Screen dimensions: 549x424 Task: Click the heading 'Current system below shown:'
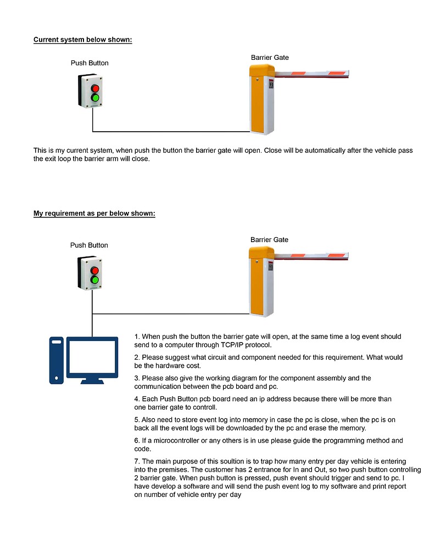pos(82,40)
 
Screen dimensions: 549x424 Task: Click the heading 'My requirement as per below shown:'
pos(94,214)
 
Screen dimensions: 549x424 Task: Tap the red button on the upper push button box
pos(95,88)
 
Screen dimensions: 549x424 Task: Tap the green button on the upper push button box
pos(95,98)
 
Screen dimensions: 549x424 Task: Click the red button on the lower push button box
pos(95,270)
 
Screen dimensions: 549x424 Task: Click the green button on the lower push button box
pos(95,280)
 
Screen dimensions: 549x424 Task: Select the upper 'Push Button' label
pos(90,63)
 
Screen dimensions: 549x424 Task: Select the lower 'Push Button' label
pos(89,245)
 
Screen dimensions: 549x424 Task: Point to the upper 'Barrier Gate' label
pos(270,58)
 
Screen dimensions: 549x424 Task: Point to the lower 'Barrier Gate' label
pos(269,240)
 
